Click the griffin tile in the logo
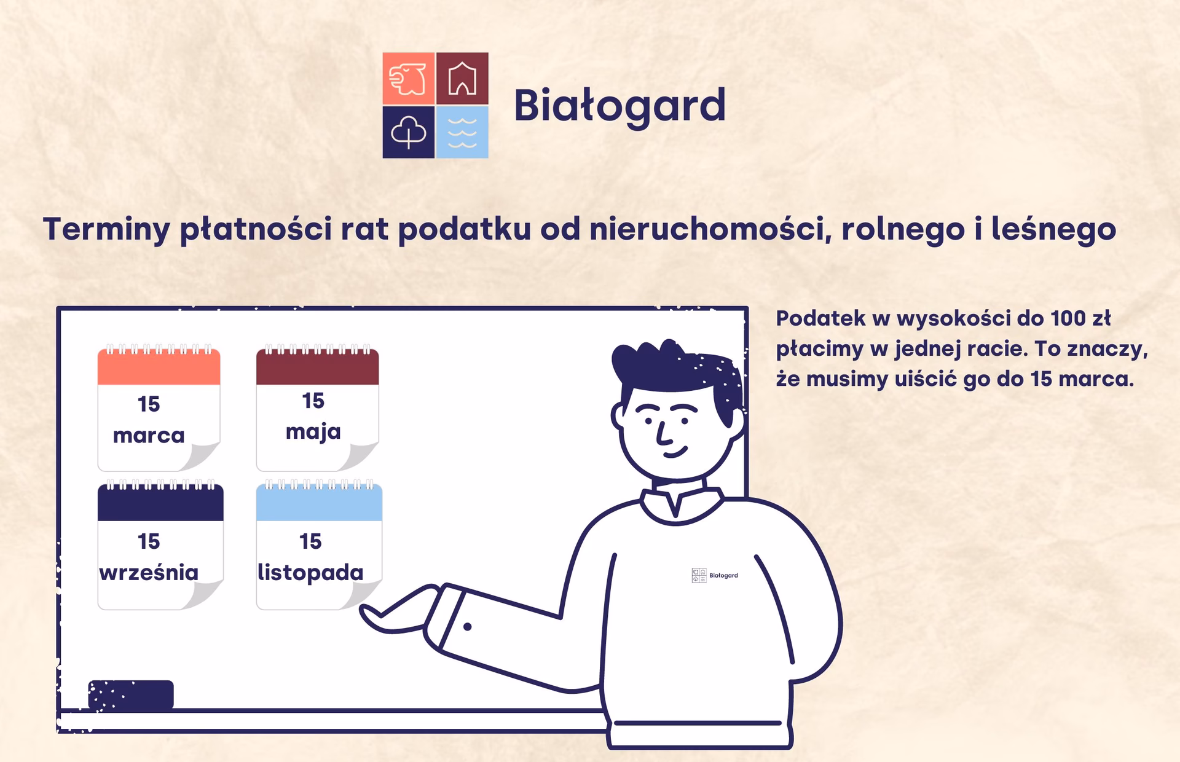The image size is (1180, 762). pos(408,79)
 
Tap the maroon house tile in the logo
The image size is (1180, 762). pos(462,79)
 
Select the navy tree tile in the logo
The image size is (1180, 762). pos(408,132)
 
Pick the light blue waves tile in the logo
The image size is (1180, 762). pos(462,132)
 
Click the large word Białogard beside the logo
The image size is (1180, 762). pos(619,106)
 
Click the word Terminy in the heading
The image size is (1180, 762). pos(106,229)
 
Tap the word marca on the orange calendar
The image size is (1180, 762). pos(149,436)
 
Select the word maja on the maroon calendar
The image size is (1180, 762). pos(313,432)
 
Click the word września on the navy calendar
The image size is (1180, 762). pos(149,573)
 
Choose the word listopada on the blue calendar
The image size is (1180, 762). pos(310,573)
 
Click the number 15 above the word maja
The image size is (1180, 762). pos(313,401)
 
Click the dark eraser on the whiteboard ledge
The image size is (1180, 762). pos(131,694)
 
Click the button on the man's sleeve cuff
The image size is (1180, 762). pos(467,627)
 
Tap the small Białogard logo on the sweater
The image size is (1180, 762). pos(714,575)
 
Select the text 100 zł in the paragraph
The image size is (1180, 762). pos(1080,318)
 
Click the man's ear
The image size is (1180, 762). pos(618,416)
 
